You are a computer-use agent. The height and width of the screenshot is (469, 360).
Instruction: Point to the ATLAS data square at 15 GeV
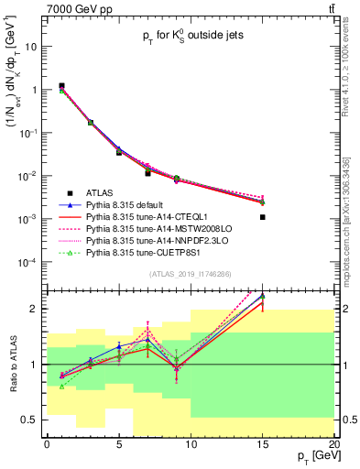(x=262, y=217)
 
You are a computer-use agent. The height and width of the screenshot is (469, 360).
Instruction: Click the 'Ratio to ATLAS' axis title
(x=13, y=365)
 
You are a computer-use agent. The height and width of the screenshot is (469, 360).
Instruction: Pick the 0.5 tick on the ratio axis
(x=32, y=420)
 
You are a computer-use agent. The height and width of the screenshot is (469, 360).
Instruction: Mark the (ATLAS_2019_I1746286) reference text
(x=190, y=274)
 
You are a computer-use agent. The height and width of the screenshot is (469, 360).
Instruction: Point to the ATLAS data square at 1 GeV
(x=61, y=86)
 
